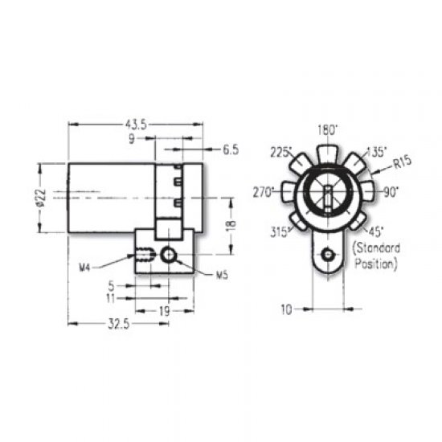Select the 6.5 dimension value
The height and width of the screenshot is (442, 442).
(x=231, y=149)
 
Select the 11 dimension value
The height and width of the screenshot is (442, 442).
(x=113, y=298)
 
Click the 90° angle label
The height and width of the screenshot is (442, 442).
(x=392, y=192)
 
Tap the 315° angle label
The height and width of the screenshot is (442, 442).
(x=280, y=232)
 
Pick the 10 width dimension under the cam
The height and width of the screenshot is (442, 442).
(x=287, y=307)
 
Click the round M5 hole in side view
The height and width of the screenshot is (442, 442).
(x=168, y=255)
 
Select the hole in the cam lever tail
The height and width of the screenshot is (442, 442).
(x=326, y=256)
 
